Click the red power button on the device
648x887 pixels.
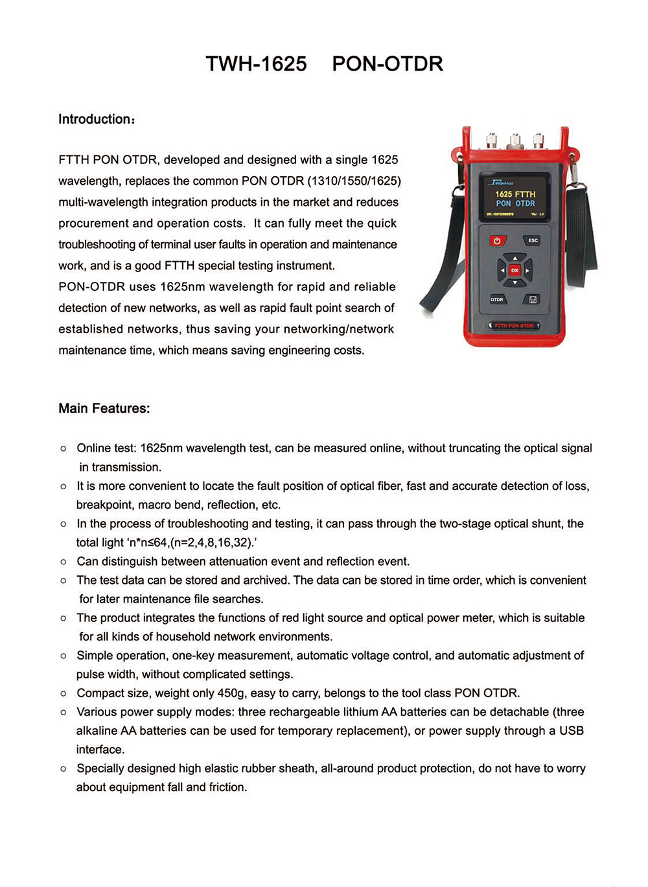point(497,241)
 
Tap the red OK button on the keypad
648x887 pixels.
point(515,270)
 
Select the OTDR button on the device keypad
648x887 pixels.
point(497,299)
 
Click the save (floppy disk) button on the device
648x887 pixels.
point(533,299)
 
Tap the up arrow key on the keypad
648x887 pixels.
point(515,258)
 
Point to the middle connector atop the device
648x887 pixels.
point(515,139)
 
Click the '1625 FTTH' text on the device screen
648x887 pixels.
point(515,194)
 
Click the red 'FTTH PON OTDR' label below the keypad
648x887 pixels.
point(514,325)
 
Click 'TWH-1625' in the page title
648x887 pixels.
point(256,64)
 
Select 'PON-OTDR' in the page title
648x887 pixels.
point(388,64)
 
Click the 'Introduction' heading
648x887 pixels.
point(95,119)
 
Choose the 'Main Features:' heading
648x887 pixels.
point(104,408)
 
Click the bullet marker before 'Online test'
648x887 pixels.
point(64,448)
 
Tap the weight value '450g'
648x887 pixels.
point(231,693)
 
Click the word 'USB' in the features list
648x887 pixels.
point(571,731)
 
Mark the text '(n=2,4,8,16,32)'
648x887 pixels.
point(211,542)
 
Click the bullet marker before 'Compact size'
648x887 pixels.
point(64,694)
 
